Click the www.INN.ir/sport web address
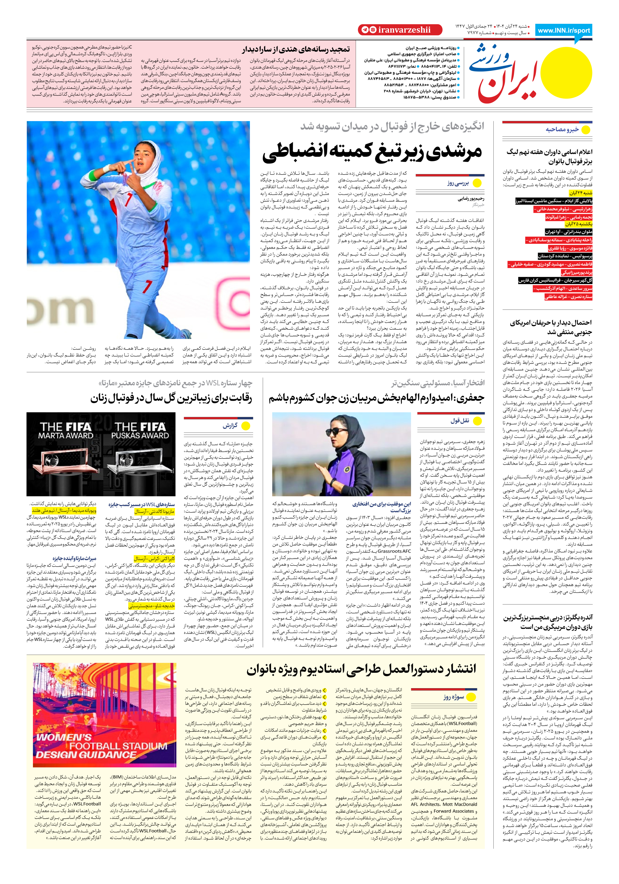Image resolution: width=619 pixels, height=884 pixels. pyautogui.click(x=564, y=30)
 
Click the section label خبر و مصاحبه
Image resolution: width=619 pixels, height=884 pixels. pyautogui.click(x=562, y=129)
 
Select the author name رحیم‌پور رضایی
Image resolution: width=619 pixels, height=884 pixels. pyautogui.click(x=471, y=199)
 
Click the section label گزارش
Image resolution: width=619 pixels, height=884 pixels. pyautogui.click(x=230, y=426)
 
